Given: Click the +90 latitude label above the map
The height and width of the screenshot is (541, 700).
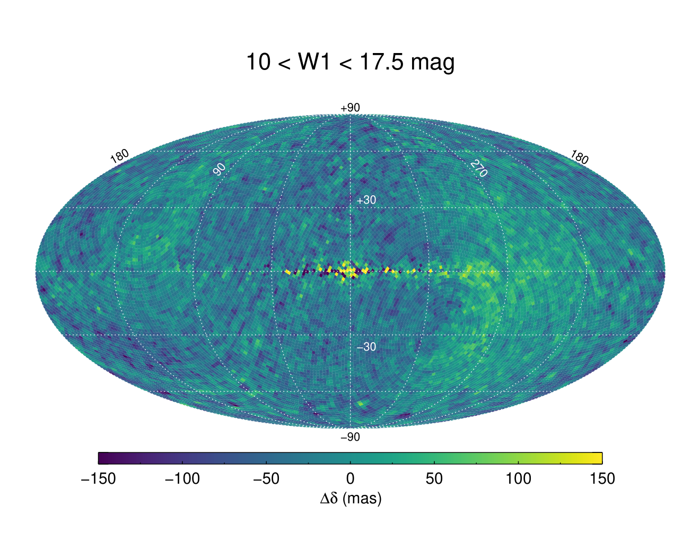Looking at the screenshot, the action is pyautogui.click(x=350, y=108).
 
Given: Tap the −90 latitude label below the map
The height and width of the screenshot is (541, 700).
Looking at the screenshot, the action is pyautogui.click(x=350, y=437).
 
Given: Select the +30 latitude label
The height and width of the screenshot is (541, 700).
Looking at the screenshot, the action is pyautogui.click(x=366, y=200).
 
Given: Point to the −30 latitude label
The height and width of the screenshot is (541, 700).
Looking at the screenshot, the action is pyautogui.click(x=366, y=347).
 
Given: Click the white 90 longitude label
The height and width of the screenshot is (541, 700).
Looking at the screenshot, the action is pyautogui.click(x=220, y=169).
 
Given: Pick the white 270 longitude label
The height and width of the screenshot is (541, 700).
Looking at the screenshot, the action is pyautogui.click(x=478, y=169).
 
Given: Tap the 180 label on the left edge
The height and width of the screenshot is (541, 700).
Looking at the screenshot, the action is pyautogui.click(x=119, y=156).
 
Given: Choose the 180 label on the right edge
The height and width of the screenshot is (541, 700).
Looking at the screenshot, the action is pyautogui.click(x=580, y=157).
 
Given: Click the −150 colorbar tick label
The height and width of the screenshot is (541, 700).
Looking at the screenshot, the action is pyautogui.click(x=98, y=479).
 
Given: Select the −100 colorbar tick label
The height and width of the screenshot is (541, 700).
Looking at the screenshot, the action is pyautogui.click(x=182, y=479).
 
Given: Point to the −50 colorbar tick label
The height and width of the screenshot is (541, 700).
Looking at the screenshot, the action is pyautogui.click(x=266, y=479).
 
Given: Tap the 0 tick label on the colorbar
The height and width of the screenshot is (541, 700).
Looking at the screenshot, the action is pyautogui.click(x=350, y=479).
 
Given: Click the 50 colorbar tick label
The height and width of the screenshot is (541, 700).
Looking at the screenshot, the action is pyautogui.click(x=434, y=479).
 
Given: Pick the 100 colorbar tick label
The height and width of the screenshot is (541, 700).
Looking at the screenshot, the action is pyautogui.click(x=518, y=479).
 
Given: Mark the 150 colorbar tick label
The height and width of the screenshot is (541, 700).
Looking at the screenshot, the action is pyautogui.click(x=602, y=479).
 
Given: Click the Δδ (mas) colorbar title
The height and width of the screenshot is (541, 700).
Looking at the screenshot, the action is pyautogui.click(x=351, y=499).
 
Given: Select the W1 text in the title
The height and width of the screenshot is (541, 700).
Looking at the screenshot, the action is pyautogui.click(x=314, y=62).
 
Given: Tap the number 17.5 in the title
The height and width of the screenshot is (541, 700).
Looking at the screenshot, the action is pyautogui.click(x=381, y=62).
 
